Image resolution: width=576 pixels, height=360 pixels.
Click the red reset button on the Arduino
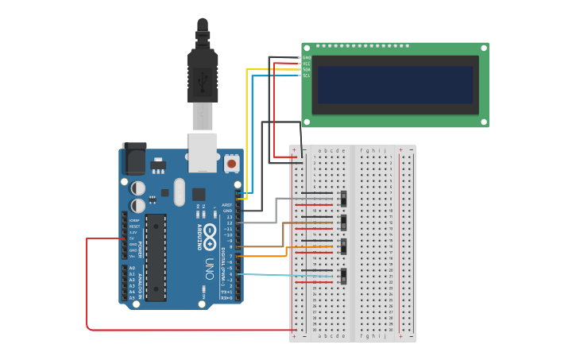[231, 163]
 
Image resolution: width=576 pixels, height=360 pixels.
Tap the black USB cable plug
[202, 75]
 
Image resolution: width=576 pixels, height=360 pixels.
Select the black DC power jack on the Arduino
[133, 159]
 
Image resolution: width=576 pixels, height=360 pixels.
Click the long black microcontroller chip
[156, 257]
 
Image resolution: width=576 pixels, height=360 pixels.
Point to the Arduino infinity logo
[210, 233]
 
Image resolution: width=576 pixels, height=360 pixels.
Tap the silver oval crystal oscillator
[179, 192]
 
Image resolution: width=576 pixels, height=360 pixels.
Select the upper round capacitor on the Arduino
[138, 188]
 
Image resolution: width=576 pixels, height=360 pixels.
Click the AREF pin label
[227, 204]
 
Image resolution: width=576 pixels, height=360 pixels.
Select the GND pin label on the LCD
[307, 58]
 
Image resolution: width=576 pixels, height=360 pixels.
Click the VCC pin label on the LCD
[307, 64]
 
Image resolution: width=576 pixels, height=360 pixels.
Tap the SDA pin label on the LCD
[307, 70]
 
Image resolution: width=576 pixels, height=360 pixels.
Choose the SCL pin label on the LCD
[307, 75]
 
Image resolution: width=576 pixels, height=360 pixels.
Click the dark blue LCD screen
[395, 84]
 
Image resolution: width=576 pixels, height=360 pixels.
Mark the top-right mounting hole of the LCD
[484, 48]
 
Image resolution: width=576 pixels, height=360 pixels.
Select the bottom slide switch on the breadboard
[343, 277]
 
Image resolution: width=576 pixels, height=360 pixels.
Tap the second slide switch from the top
[343, 221]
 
